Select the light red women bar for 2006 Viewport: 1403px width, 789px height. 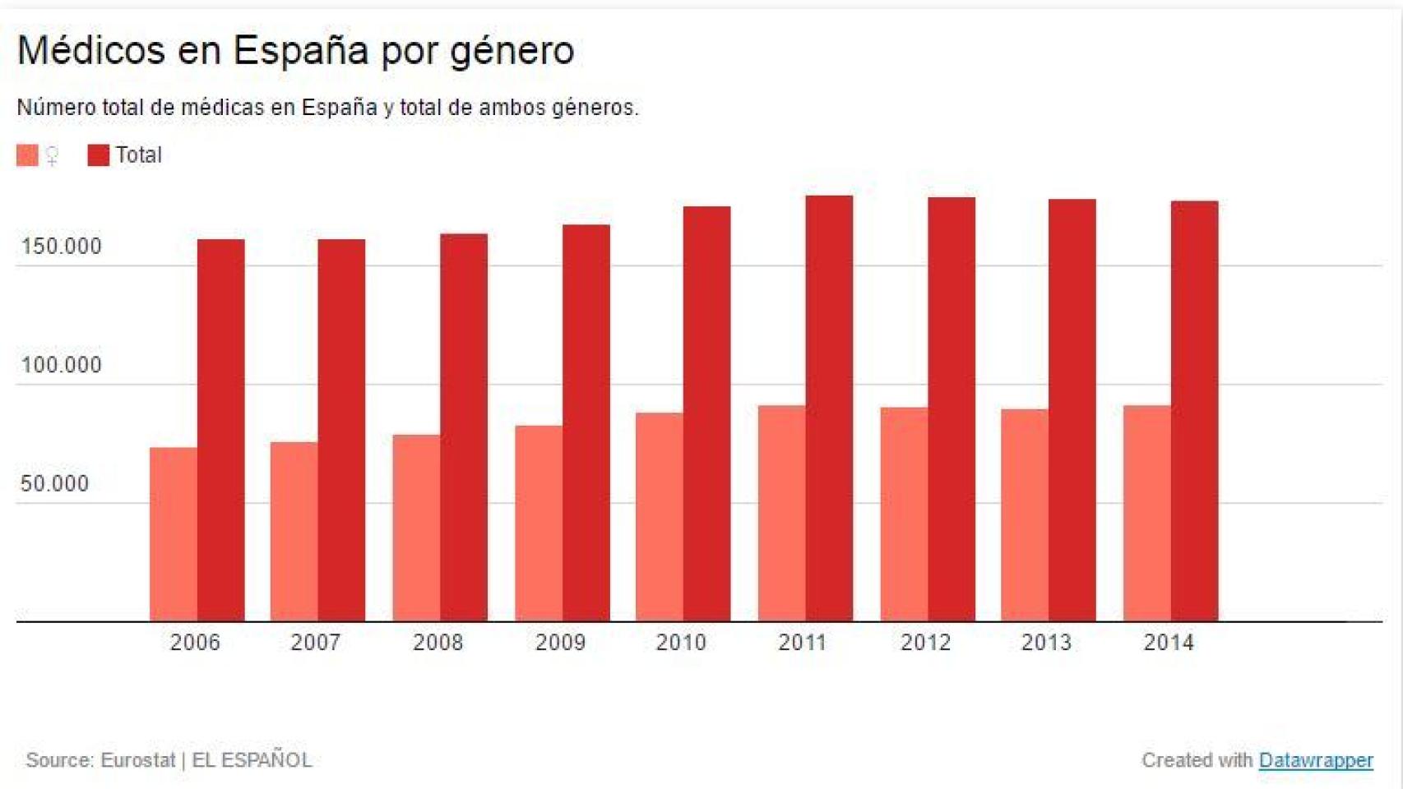[173, 534]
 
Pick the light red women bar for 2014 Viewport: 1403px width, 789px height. [1146, 514]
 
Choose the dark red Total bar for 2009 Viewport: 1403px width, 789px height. [586, 422]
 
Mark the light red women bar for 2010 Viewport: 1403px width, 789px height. [659, 517]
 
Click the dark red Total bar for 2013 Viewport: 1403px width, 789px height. [1072, 410]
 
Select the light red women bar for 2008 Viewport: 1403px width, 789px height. [416, 528]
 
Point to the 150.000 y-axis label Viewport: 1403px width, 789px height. [61, 247]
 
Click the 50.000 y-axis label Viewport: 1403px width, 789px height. [54, 483]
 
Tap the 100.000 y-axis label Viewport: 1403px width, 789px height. [61, 365]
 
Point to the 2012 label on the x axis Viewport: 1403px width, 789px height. [925, 643]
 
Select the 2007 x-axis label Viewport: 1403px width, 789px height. [315, 643]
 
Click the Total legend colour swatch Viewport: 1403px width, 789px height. [98, 155]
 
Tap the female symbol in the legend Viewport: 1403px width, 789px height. [52, 155]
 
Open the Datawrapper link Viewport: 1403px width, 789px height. [1315, 760]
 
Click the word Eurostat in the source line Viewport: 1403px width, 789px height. [137, 760]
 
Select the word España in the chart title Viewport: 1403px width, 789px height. [300, 51]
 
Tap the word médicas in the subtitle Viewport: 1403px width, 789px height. [222, 108]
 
